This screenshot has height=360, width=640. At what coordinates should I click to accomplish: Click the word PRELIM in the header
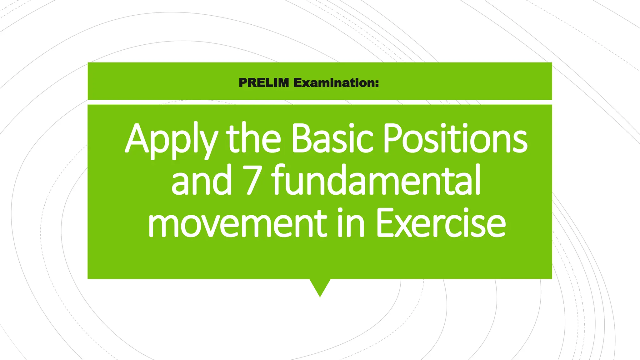pyautogui.click(x=264, y=83)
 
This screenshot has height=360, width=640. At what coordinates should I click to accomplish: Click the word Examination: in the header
pyautogui.click(x=336, y=83)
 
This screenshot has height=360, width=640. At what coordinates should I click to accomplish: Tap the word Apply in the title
pyautogui.click(x=171, y=139)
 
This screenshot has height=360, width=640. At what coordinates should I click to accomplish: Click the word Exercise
pyautogui.click(x=441, y=222)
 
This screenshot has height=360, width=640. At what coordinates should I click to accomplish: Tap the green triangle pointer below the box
pyautogui.click(x=320, y=286)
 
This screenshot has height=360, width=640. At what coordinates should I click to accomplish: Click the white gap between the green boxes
pyautogui.click(x=320, y=102)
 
